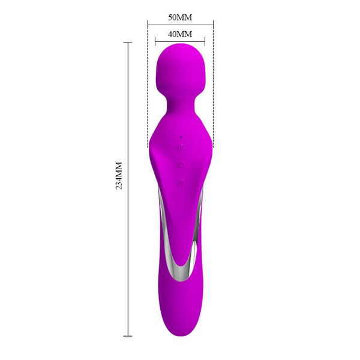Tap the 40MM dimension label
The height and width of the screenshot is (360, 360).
[180, 35]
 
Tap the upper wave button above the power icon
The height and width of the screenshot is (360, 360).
[181, 148]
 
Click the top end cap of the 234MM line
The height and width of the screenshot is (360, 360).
[127, 43]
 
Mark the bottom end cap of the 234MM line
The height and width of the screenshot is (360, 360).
[127, 335]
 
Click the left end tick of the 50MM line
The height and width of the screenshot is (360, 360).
[148, 25]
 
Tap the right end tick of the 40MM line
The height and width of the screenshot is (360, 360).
[205, 41]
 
